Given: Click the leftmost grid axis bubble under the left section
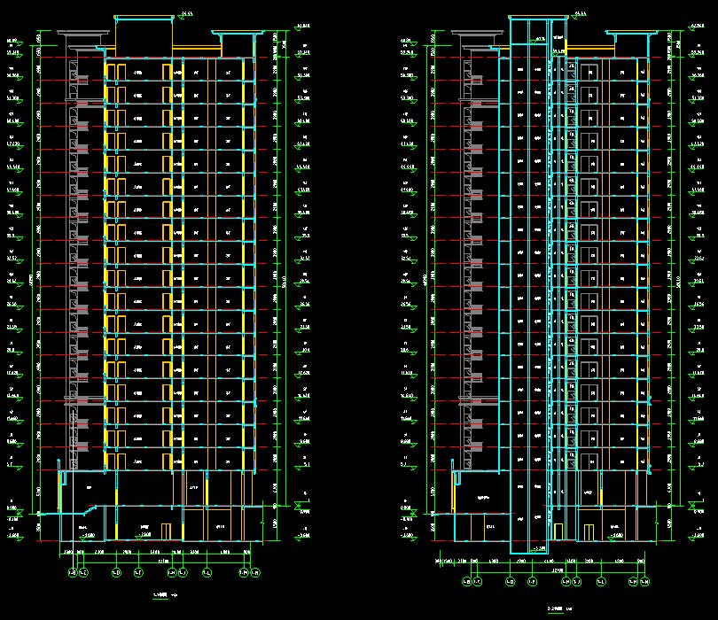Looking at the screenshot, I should [x=72, y=572].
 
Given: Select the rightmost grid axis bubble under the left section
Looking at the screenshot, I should [x=249, y=572].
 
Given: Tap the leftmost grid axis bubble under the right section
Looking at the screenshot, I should [x=466, y=582].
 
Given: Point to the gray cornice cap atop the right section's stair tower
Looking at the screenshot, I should [x=480, y=35].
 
